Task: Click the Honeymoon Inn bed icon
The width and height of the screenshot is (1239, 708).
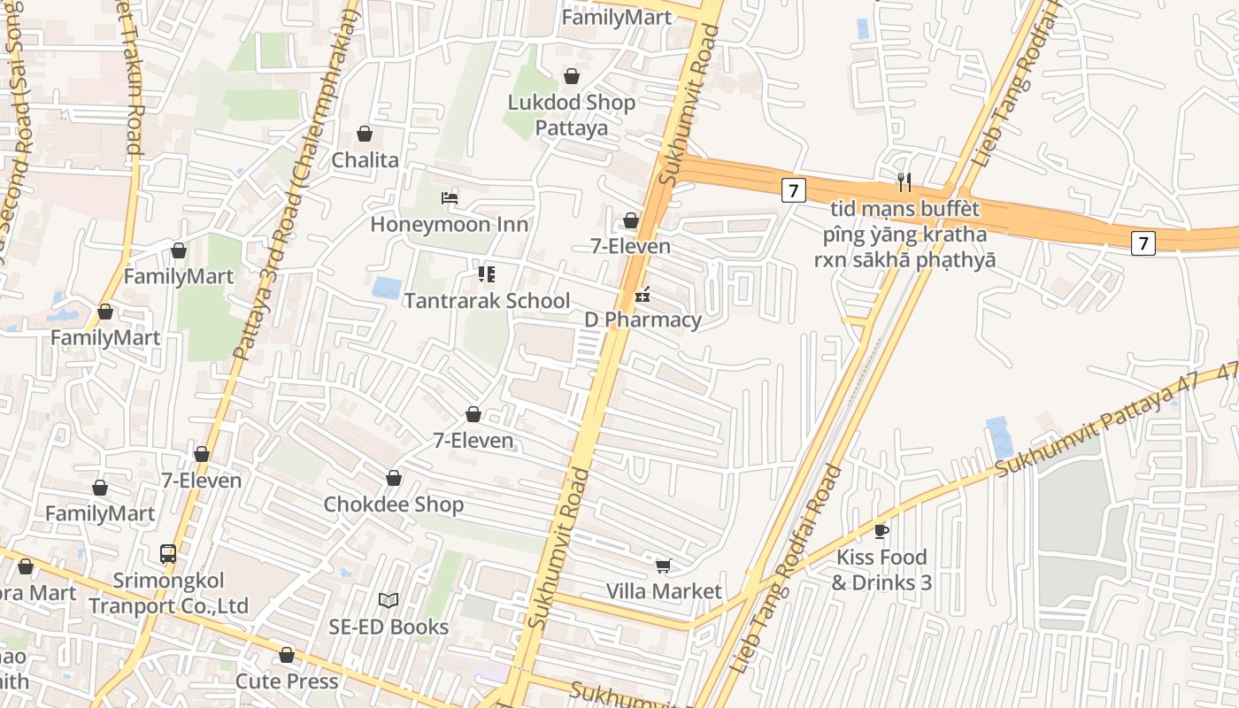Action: tap(450, 198)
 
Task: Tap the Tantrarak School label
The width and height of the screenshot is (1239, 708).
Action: tap(487, 301)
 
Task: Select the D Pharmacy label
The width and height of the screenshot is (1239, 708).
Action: tap(643, 320)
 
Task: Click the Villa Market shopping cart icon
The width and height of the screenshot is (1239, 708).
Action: tap(663, 566)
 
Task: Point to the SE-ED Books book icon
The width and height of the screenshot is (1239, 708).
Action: tap(388, 601)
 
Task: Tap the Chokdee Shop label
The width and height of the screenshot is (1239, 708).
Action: tap(393, 504)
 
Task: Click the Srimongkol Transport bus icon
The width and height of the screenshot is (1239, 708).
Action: tap(168, 554)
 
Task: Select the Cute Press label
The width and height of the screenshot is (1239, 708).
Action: tap(287, 681)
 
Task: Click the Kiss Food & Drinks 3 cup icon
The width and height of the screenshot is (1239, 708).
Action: tap(881, 531)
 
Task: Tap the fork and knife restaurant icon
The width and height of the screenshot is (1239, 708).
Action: tap(904, 183)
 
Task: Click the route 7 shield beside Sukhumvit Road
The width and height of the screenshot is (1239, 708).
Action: tap(794, 189)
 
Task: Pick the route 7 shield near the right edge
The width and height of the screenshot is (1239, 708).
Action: tap(1143, 242)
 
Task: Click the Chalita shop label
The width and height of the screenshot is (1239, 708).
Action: tap(365, 160)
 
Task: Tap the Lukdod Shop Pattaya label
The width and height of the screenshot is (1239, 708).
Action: tap(572, 115)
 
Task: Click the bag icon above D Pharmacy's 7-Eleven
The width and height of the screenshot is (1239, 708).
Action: tap(631, 220)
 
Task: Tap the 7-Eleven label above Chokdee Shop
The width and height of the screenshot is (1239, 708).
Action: tap(473, 440)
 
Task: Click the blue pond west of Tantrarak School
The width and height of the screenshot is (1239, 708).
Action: tap(386, 288)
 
